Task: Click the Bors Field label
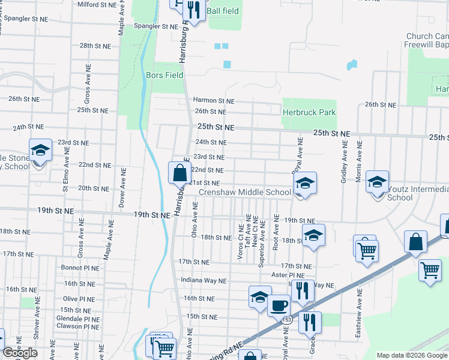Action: tap(164, 76)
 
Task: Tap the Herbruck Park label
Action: tap(309, 112)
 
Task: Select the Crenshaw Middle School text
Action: tap(244, 193)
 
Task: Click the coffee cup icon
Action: tap(278, 305)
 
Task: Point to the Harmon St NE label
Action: tap(213, 101)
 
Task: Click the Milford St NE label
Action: tap(97, 4)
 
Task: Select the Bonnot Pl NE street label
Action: tap(80, 268)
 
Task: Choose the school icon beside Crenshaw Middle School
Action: tap(304, 184)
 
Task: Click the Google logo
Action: tap(20, 353)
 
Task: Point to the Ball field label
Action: tap(223, 11)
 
